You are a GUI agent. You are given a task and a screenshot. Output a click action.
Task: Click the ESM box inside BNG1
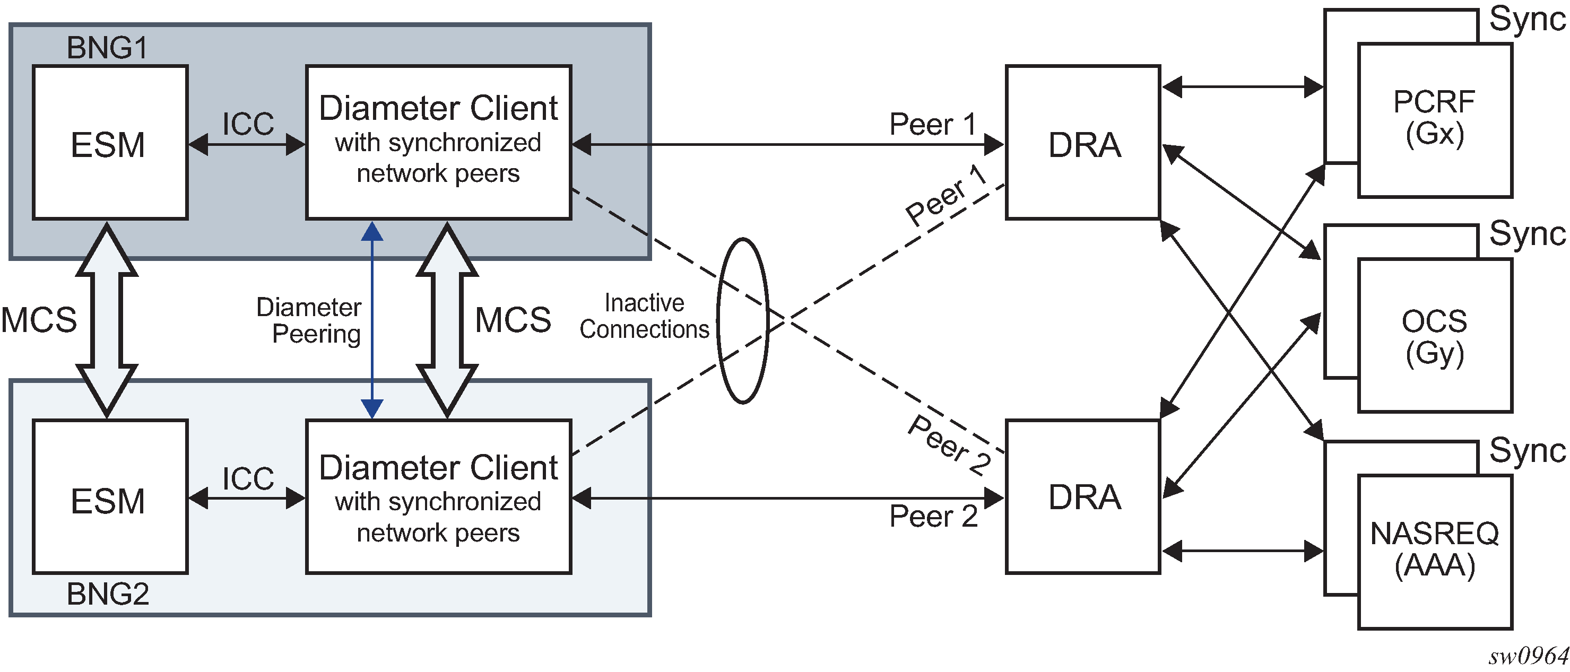pyautogui.click(x=110, y=143)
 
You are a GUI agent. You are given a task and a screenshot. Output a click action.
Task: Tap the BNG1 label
pyautogui.click(x=107, y=48)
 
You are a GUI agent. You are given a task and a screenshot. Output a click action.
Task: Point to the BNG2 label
pyautogui.click(x=108, y=594)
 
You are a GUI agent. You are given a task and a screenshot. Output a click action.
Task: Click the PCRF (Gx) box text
pyautogui.click(x=1435, y=118)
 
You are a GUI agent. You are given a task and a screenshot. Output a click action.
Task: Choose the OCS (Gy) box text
pyautogui.click(x=1435, y=337)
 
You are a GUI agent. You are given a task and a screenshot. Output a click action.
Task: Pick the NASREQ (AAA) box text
pyautogui.click(x=1435, y=549)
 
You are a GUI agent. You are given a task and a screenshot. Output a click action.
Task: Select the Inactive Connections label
pyautogui.click(x=644, y=316)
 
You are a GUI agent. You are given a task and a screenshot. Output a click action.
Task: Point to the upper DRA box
pyautogui.click(x=1083, y=143)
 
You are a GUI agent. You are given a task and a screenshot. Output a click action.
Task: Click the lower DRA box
pyautogui.click(x=1083, y=496)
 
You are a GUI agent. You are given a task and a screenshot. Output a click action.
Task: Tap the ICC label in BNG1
pyautogui.click(x=248, y=124)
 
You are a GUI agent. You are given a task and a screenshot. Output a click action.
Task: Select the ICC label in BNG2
pyautogui.click(x=248, y=478)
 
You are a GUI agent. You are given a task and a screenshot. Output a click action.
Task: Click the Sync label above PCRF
pyautogui.click(x=1526, y=20)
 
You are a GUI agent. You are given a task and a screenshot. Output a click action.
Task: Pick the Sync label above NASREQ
pyautogui.click(x=1526, y=451)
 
